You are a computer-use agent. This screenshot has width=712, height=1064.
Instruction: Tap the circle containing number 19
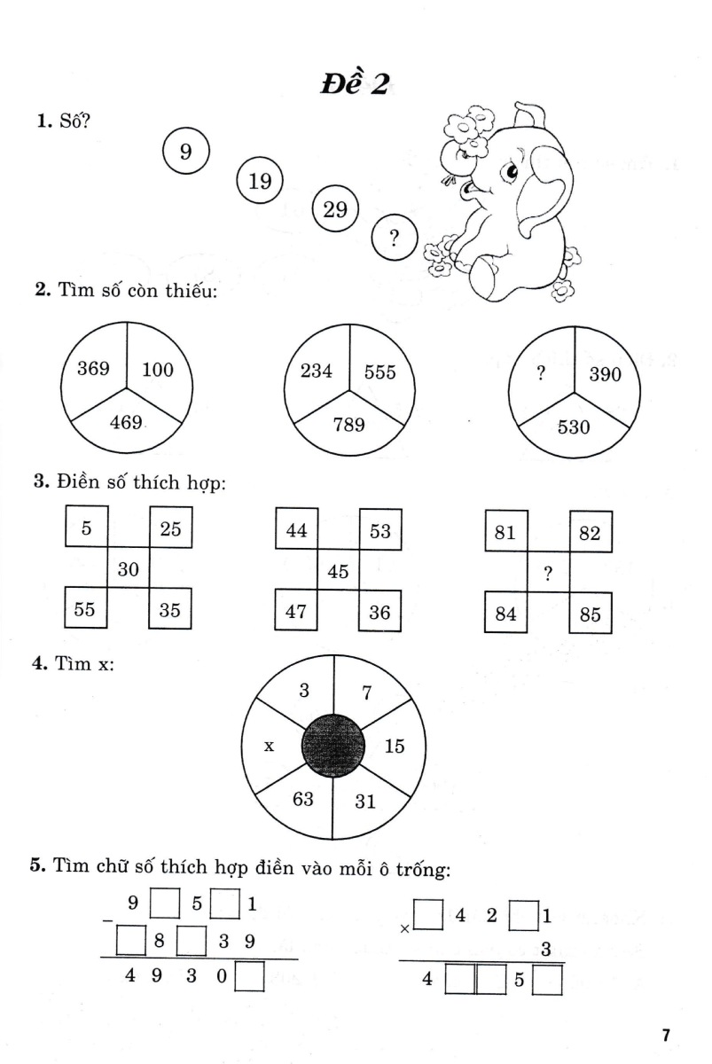259,182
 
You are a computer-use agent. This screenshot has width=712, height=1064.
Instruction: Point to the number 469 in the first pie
126,423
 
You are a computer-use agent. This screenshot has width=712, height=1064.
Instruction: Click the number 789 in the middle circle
348,425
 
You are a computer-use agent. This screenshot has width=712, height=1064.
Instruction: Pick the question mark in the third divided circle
540,374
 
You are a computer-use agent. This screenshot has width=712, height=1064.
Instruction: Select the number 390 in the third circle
605,375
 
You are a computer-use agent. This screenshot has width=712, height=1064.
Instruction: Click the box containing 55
86,609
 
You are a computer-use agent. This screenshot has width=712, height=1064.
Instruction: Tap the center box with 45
338,571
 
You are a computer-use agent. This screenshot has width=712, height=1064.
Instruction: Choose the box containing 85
591,614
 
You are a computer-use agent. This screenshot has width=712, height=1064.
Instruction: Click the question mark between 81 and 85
548,575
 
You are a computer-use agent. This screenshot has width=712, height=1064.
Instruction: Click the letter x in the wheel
269,746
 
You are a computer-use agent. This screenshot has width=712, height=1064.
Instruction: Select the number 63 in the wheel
303,799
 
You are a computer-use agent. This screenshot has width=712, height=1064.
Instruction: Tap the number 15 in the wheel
395,746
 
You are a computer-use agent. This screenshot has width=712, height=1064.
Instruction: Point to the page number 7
666,1035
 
